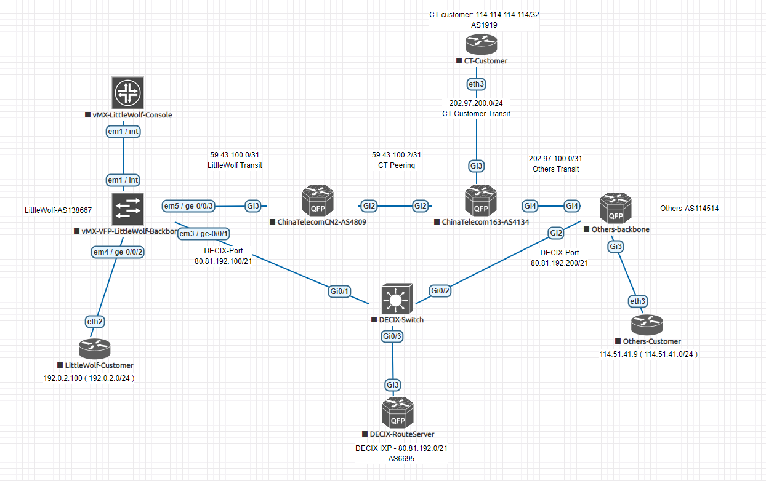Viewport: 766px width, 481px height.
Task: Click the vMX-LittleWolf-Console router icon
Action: pyautogui.click(x=127, y=93)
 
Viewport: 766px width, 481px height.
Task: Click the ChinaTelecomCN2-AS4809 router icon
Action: pyautogui.click(x=317, y=202)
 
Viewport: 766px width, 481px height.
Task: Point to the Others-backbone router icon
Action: pyautogui.click(x=616, y=207)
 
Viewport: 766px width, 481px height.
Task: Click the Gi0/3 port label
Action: pyautogui.click(x=392, y=336)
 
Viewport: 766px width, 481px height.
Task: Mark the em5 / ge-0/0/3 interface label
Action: pyautogui.click(x=188, y=205)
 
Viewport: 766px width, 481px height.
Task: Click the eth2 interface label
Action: pyautogui.click(x=94, y=320)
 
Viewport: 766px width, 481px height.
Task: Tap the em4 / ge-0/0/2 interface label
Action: pyautogui.click(x=117, y=252)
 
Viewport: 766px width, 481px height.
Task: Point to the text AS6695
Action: pyautogui.click(x=401, y=458)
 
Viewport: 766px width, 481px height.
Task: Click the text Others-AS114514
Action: pyautogui.click(x=689, y=209)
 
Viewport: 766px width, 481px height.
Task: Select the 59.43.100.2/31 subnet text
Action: pyautogui.click(x=397, y=155)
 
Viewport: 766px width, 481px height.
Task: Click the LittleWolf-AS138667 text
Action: pyautogui.click(x=58, y=210)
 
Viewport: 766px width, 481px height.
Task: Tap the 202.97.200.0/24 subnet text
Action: pyautogui.click(x=476, y=103)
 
